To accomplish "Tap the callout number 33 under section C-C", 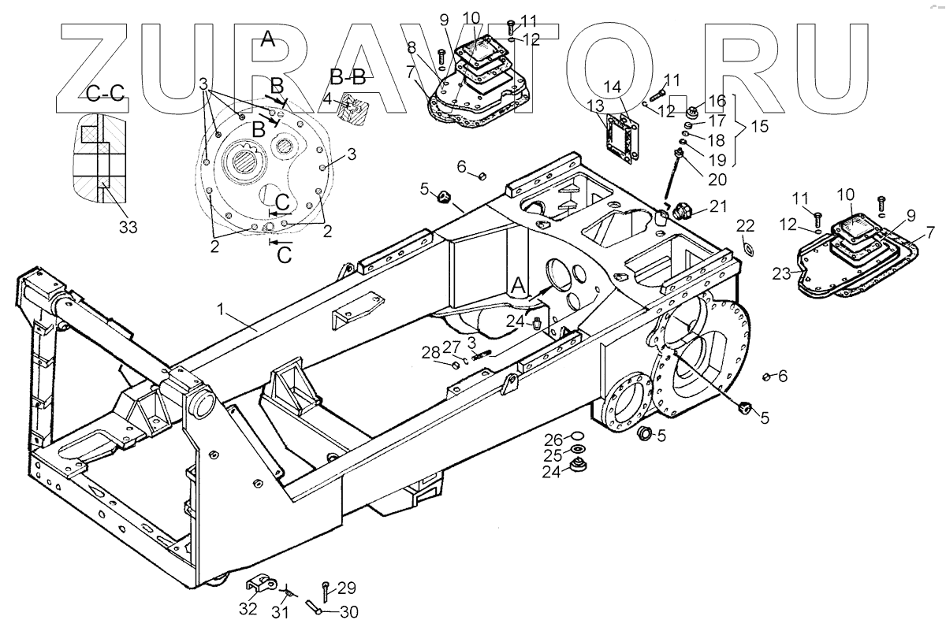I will click(128, 228).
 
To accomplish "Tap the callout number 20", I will click(717, 179).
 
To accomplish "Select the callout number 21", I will click(717, 208).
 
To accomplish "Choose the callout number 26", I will click(554, 439).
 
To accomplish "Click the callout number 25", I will click(554, 455).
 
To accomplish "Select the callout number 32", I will click(248, 609).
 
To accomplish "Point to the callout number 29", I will click(347, 588).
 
